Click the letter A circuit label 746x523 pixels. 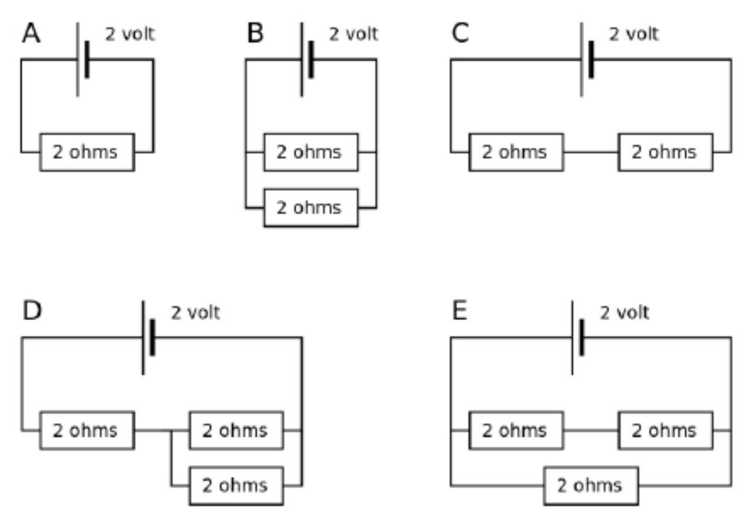[x=32, y=33]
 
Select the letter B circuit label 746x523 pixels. [x=255, y=33]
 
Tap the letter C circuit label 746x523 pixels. [x=460, y=33]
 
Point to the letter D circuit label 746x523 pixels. [x=32, y=311]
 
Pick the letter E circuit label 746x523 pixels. [x=459, y=311]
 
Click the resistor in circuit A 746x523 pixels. [x=87, y=152]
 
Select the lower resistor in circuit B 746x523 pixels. [x=311, y=208]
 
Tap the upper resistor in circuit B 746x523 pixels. [x=311, y=152]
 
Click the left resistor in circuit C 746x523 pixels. [x=516, y=152]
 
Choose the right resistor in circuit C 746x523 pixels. [x=665, y=152]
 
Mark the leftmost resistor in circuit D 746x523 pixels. [x=87, y=430]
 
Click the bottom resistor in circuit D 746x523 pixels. [x=237, y=486]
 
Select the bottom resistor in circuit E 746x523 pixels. [x=591, y=486]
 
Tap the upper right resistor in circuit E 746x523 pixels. [x=665, y=430]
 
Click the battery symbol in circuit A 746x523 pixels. [x=83, y=59]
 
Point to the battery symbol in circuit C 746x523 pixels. [x=586, y=59]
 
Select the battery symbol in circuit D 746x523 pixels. [x=148, y=338]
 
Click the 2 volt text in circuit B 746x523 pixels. [x=353, y=34]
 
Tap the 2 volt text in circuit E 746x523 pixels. [x=624, y=312]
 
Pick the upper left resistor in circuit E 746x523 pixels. [x=516, y=430]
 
